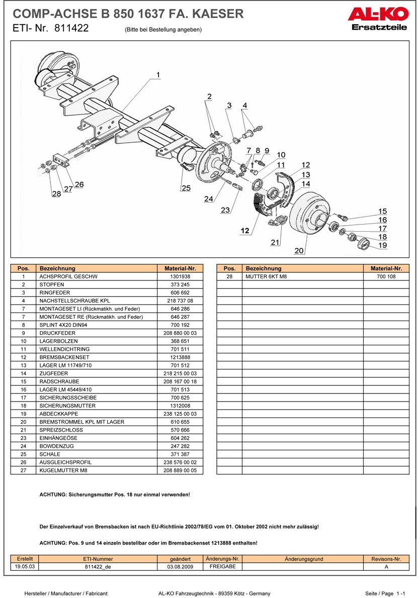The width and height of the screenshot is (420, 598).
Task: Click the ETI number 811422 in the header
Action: [x=70, y=29]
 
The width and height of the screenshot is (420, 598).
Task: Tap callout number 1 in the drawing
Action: [x=158, y=75]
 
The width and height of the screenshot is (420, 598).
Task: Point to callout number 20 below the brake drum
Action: [x=299, y=250]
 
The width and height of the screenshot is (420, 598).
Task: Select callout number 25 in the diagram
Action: [x=186, y=188]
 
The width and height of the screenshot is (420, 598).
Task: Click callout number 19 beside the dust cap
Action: [x=383, y=245]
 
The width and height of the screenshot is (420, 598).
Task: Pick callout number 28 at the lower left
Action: [x=56, y=194]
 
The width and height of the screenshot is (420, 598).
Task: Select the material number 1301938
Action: [x=180, y=276]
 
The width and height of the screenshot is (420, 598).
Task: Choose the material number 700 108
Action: [x=386, y=276]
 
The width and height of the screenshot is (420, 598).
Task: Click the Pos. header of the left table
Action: [x=24, y=268]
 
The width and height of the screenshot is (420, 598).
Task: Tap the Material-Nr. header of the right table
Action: [x=386, y=268]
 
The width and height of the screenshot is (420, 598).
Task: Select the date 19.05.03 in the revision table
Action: [x=25, y=566]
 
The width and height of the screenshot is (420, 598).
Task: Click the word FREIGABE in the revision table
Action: [x=222, y=566]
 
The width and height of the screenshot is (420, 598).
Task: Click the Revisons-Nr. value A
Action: [x=386, y=566]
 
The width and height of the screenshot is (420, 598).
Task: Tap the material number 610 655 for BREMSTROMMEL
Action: [x=180, y=422]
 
